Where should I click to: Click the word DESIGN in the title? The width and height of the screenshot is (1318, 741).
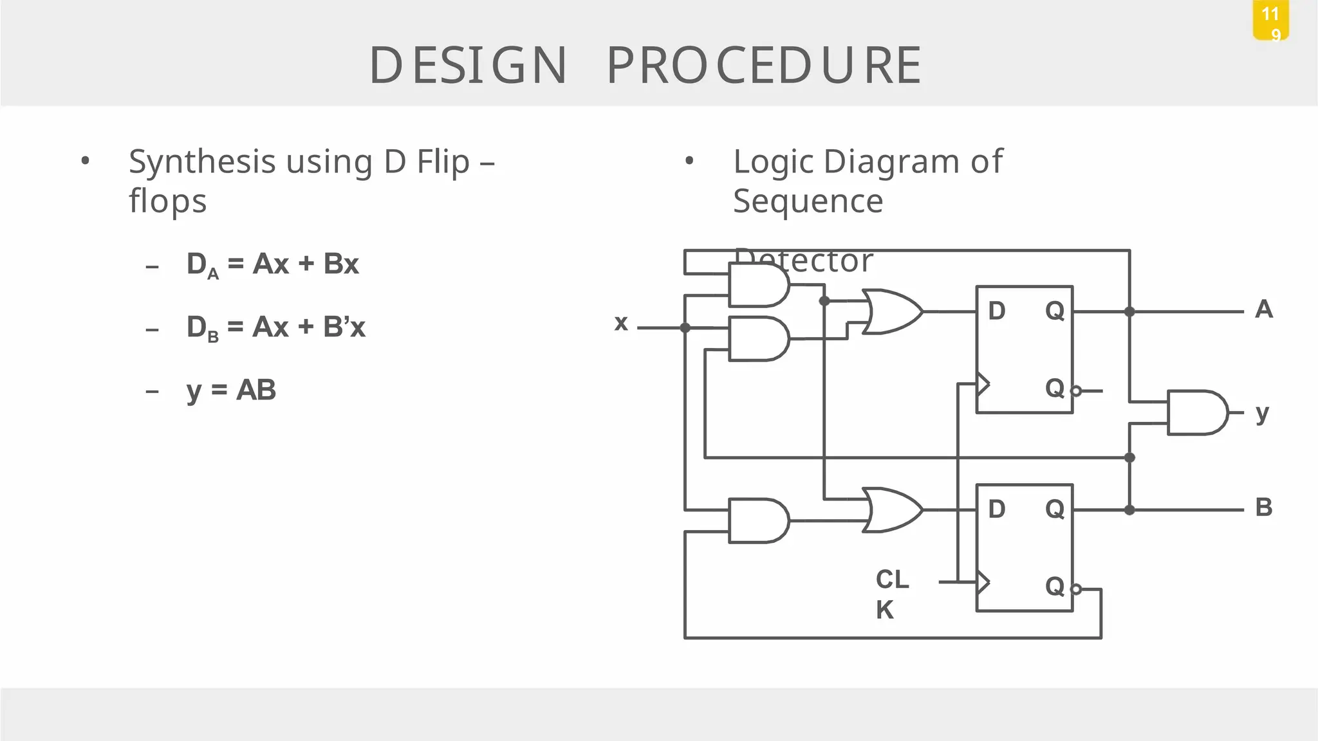(468, 66)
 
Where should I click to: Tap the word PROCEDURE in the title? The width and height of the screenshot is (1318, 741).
(764, 66)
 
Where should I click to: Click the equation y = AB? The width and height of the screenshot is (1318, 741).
(231, 390)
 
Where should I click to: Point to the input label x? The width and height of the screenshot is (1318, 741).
(620, 322)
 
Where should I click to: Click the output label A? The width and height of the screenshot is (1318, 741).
(1263, 309)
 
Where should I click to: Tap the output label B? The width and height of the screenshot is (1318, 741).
(1263, 508)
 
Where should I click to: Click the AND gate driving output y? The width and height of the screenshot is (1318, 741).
(1196, 412)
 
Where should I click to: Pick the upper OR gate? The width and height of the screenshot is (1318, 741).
(891, 311)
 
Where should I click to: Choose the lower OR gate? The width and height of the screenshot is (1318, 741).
(891, 509)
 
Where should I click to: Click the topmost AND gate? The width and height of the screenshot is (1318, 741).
(758, 286)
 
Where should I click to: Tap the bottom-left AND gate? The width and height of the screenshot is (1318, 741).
(758, 520)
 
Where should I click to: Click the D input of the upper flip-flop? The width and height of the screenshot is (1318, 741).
(996, 311)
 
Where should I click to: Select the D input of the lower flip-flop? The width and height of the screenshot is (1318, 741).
(996, 509)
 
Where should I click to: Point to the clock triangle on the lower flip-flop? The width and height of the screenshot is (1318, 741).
(983, 582)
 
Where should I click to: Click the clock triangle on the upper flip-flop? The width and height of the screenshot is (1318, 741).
(983, 384)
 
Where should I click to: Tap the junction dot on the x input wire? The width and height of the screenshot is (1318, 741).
(685, 327)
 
